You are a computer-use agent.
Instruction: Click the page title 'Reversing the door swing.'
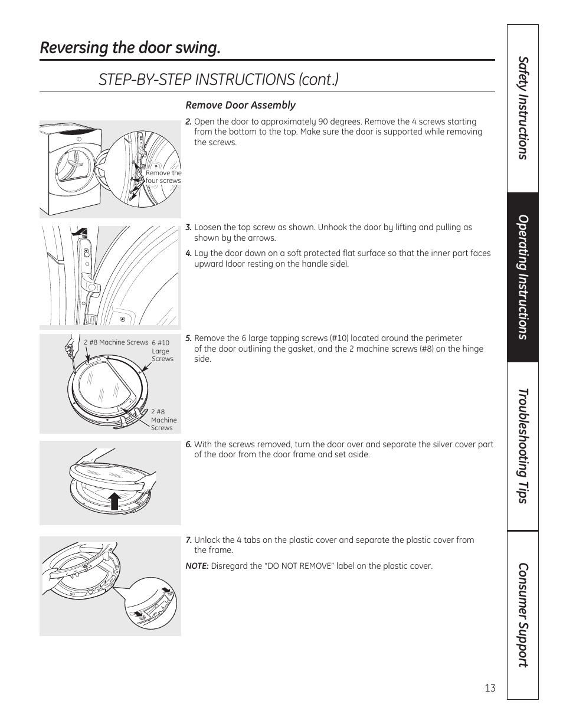point(130,48)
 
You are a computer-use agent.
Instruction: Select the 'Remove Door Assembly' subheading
point(240,105)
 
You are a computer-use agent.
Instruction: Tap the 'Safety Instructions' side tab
point(522,108)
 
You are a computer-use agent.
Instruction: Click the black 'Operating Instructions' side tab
point(522,277)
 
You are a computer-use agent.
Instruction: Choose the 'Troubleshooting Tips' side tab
point(522,446)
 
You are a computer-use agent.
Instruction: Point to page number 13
point(490,688)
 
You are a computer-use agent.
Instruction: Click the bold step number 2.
point(188,122)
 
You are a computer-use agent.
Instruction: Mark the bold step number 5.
point(188,339)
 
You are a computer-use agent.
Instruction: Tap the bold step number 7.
point(188,540)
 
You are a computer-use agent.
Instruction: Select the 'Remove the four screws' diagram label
point(163,177)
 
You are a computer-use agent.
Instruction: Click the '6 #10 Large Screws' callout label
point(162,350)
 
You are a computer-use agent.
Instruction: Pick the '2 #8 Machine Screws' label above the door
point(116,342)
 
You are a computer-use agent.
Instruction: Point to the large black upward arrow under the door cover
point(115,500)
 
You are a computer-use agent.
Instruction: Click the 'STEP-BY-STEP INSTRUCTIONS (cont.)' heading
point(218,79)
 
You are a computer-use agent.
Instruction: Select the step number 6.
point(188,445)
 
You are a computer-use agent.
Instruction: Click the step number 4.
point(188,254)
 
